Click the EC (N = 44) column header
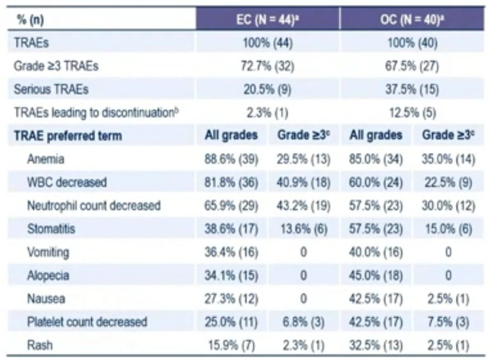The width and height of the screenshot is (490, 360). tap(267, 20)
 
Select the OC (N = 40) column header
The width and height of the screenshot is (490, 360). tap(412, 20)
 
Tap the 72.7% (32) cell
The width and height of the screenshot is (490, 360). tap(267, 66)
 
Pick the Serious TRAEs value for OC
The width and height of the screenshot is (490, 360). tap(412, 89)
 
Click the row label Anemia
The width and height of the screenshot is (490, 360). tap(45, 159)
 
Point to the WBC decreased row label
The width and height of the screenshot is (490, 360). tap(67, 182)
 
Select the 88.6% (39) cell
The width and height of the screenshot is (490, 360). tap(231, 159)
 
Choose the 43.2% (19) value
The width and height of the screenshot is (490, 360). tap(304, 206)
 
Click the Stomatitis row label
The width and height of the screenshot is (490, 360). tap(51, 229)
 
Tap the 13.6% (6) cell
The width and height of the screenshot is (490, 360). tap(304, 229)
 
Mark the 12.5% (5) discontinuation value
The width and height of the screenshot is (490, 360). tap(412, 113)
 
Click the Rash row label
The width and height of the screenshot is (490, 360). tap(39, 345)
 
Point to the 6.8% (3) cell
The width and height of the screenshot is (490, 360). tap(304, 322)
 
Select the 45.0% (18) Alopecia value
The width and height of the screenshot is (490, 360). tap(376, 276)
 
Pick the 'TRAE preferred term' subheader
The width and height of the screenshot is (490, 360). tap(68, 136)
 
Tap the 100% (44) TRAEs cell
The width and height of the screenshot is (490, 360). tap(267, 43)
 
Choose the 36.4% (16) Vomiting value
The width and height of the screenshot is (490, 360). tap(231, 252)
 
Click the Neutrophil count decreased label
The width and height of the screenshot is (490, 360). tap(93, 206)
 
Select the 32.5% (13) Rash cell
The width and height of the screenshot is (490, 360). tap(376, 345)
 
